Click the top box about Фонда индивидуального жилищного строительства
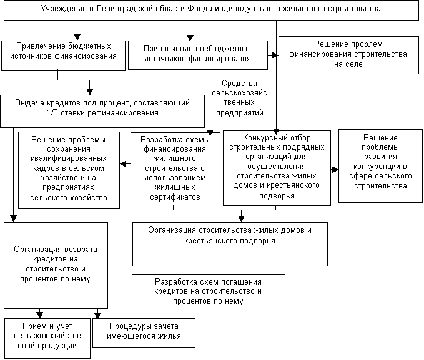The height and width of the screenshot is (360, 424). coord(210,10)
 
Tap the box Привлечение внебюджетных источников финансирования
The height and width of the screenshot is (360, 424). coord(197,55)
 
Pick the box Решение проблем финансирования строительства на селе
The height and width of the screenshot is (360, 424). coord(348,54)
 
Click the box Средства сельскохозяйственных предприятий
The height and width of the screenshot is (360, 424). coord(239,98)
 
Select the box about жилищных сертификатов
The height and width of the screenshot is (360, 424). coord(175,168)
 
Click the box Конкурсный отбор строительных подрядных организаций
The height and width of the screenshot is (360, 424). coord(277,168)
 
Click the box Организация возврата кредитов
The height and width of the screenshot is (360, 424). coord(55,264)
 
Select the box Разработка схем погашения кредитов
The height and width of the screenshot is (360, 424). coord(208,291)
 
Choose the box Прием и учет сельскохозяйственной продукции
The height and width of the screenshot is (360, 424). coord(47,338)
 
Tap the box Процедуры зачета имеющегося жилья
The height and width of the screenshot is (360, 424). coord(144,332)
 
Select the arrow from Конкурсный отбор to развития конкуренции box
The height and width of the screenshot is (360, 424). coord(335,168)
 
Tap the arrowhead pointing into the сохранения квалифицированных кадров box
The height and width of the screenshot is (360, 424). coord(122,165)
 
